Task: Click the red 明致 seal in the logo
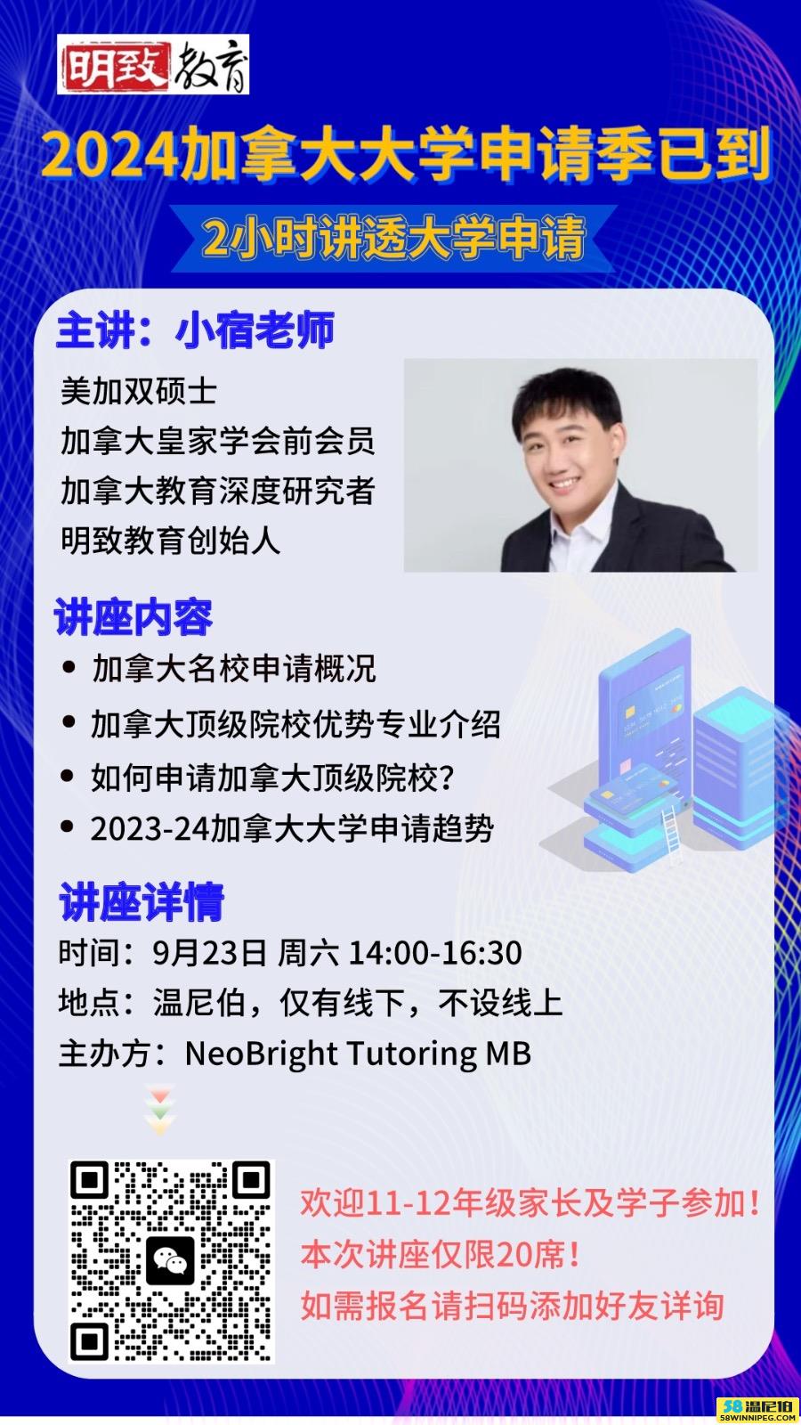pyautogui.click(x=115, y=65)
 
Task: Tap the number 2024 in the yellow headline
pyautogui.click(x=110, y=156)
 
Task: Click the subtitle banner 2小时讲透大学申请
pyautogui.click(x=393, y=238)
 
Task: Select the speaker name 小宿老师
pyautogui.click(x=255, y=330)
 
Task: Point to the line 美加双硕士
pyautogui.click(x=139, y=391)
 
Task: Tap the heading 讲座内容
pyautogui.click(x=133, y=616)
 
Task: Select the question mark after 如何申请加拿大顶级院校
pyautogui.click(x=446, y=778)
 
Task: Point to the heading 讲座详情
pyautogui.click(x=142, y=901)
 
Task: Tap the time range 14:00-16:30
pyautogui.click(x=435, y=953)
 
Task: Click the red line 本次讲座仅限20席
pyautogui.click(x=440, y=1255)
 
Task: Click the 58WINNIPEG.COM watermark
pyautogui.click(x=757, y=1417)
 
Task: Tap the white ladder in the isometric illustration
pyautogui.click(x=671, y=833)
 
